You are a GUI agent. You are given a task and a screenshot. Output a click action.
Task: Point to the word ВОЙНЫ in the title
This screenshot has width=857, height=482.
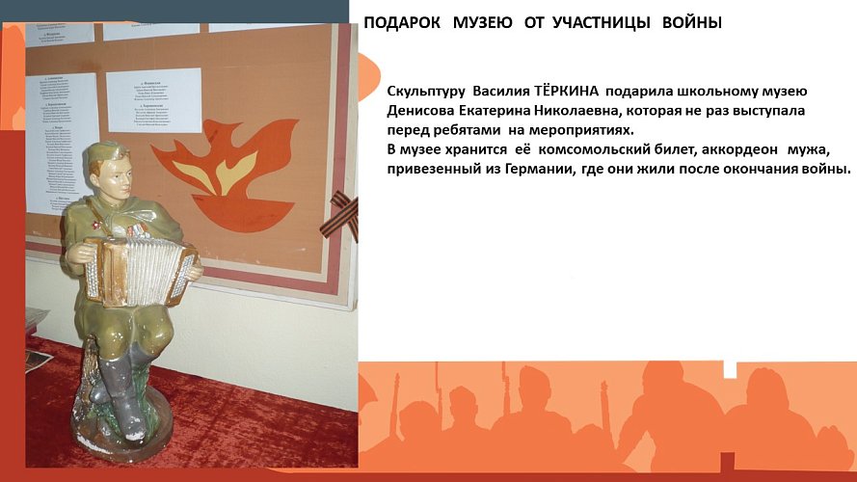[692, 22]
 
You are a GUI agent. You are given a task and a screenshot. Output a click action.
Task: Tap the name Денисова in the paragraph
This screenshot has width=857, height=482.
[418, 111]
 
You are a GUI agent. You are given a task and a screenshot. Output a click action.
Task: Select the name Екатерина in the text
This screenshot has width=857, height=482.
[496, 111]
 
